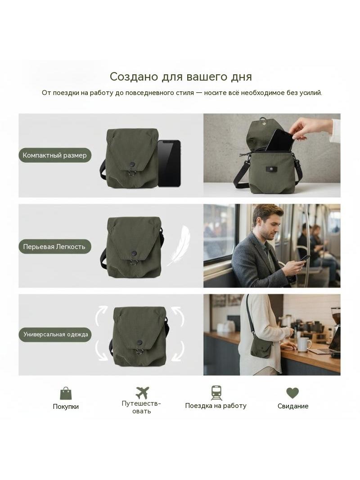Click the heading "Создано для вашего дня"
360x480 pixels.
[x=180, y=77]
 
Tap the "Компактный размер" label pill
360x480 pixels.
[x=55, y=155]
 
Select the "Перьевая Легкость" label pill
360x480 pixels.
[x=55, y=247]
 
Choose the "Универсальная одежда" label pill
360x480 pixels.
[x=55, y=334]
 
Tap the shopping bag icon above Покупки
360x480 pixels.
[x=66, y=393]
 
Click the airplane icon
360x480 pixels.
[x=142, y=393]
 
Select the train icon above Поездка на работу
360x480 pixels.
[x=216, y=393]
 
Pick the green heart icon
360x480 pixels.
[x=292, y=393]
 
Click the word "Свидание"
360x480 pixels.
[x=292, y=406]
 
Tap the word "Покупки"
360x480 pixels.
[x=66, y=407]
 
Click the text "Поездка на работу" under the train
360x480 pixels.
[x=216, y=406]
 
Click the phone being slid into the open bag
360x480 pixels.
[x=281, y=140]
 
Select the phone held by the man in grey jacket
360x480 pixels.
[x=304, y=258]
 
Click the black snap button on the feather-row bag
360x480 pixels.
[x=134, y=253]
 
